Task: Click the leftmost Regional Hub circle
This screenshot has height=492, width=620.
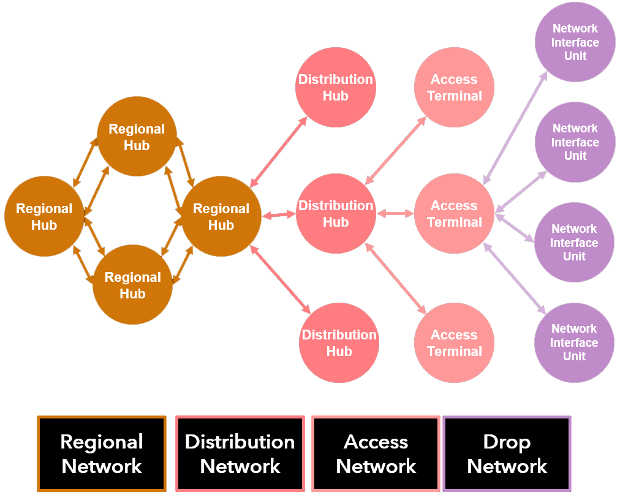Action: click(44, 216)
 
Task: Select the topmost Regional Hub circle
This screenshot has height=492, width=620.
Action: click(137, 137)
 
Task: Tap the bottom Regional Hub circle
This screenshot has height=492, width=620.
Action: click(132, 285)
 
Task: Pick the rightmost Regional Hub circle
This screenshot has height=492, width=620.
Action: click(221, 216)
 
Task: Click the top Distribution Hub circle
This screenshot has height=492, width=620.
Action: click(335, 88)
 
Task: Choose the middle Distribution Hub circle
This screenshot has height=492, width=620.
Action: click(336, 214)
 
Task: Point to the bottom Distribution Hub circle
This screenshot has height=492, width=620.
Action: click(339, 343)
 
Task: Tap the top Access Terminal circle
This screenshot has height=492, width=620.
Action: click(454, 88)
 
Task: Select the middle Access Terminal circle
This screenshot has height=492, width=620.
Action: click(454, 214)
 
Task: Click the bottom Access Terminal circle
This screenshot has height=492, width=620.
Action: click(454, 343)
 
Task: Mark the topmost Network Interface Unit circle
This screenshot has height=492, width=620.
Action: click(575, 42)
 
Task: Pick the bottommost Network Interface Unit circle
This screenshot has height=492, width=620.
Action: click(574, 343)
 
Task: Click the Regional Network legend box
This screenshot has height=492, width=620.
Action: click(102, 453)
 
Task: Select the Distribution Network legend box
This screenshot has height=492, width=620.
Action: click(240, 453)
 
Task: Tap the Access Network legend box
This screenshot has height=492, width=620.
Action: click(376, 453)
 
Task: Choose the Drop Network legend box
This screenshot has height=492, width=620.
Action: click(507, 453)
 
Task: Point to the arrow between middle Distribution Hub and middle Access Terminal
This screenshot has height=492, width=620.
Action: click(395, 214)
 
